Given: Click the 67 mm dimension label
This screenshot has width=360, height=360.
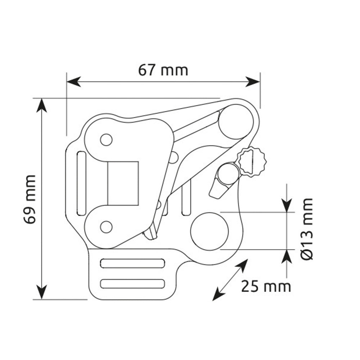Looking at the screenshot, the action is click(x=163, y=70).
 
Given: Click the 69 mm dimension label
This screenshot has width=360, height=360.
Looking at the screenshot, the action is click(x=30, y=199).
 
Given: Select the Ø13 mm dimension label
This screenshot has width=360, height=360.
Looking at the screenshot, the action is click(x=307, y=229).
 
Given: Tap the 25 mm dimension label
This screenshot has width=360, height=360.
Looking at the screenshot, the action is click(x=266, y=286).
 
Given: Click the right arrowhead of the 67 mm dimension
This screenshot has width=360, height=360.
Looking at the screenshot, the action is click(x=253, y=82).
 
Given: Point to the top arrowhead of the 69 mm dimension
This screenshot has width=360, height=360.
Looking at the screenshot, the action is click(x=41, y=105).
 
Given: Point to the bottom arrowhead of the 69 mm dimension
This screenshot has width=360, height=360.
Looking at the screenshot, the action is click(x=41, y=292).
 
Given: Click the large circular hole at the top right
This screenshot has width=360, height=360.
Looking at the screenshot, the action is click(x=236, y=121).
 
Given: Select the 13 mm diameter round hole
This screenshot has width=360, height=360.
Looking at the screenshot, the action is click(x=210, y=231).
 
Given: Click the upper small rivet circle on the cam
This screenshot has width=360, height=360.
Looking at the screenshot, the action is click(x=106, y=140).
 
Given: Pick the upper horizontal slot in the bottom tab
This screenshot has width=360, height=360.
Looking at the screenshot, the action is click(x=132, y=264).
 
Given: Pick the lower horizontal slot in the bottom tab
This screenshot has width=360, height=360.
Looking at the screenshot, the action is click(x=132, y=284).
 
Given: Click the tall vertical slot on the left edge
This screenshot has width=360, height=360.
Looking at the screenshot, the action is click(x=81, y=183).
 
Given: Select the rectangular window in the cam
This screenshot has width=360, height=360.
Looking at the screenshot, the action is click(x=123, y=183).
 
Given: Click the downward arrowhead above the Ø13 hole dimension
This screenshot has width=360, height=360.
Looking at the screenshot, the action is click(x=287, y=206).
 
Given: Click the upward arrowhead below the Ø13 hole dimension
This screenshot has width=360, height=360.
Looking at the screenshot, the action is click(x=287, y=256).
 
